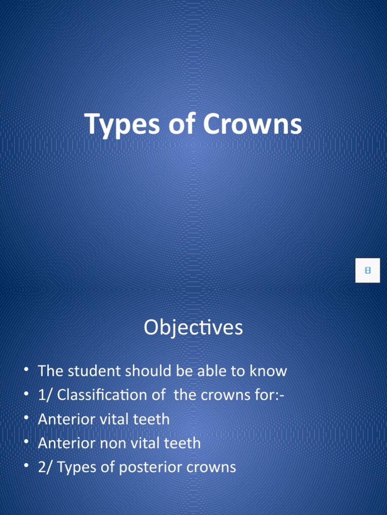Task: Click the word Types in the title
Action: coord(116,124)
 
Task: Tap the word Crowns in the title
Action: coord(253,124)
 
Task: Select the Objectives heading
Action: coord(193,328)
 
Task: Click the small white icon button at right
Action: coord(367,271)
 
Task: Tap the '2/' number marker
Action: coord(45,467)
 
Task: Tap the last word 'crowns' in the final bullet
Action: coord(212,467)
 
